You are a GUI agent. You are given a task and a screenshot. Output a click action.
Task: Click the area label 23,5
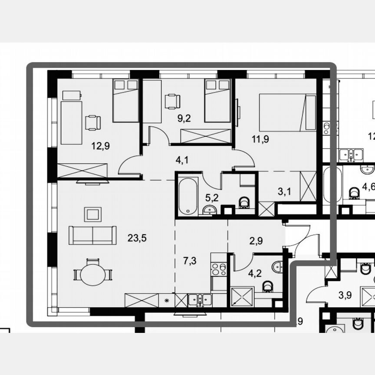tap(137, 237)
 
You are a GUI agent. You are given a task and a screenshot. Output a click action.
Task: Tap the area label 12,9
tap(100, 146)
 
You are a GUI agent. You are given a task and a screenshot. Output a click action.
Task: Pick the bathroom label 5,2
tap(211, 197)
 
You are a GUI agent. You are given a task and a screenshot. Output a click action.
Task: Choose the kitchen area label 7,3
tap(190, 260)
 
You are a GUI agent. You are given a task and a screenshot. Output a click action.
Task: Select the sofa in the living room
tap(92, 235)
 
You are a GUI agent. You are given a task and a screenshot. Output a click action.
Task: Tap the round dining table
tap(93, 275)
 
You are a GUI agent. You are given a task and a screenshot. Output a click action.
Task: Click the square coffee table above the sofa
tap(92, 214)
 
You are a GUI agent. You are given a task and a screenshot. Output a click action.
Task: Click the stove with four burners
tap(219, 270)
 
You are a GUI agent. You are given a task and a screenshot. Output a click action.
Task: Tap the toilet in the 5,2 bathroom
tap(244, 202)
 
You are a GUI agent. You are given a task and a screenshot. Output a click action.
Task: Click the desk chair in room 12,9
tap(92, 122)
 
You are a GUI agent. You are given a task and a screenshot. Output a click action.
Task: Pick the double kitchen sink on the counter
tap(200, 300)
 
